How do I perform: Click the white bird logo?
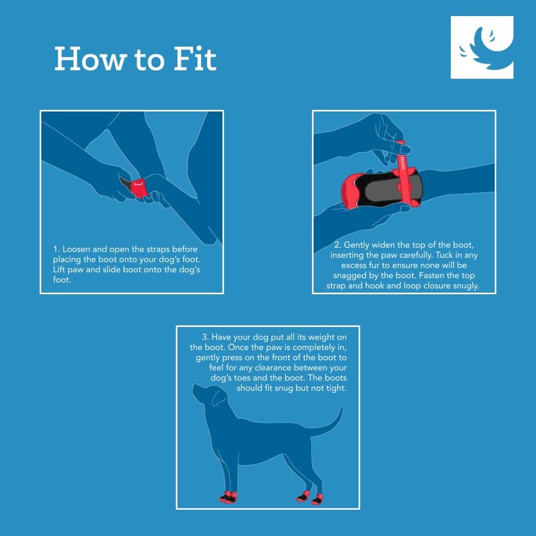tap(482, 48)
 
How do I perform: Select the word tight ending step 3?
tap(334, 389)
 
